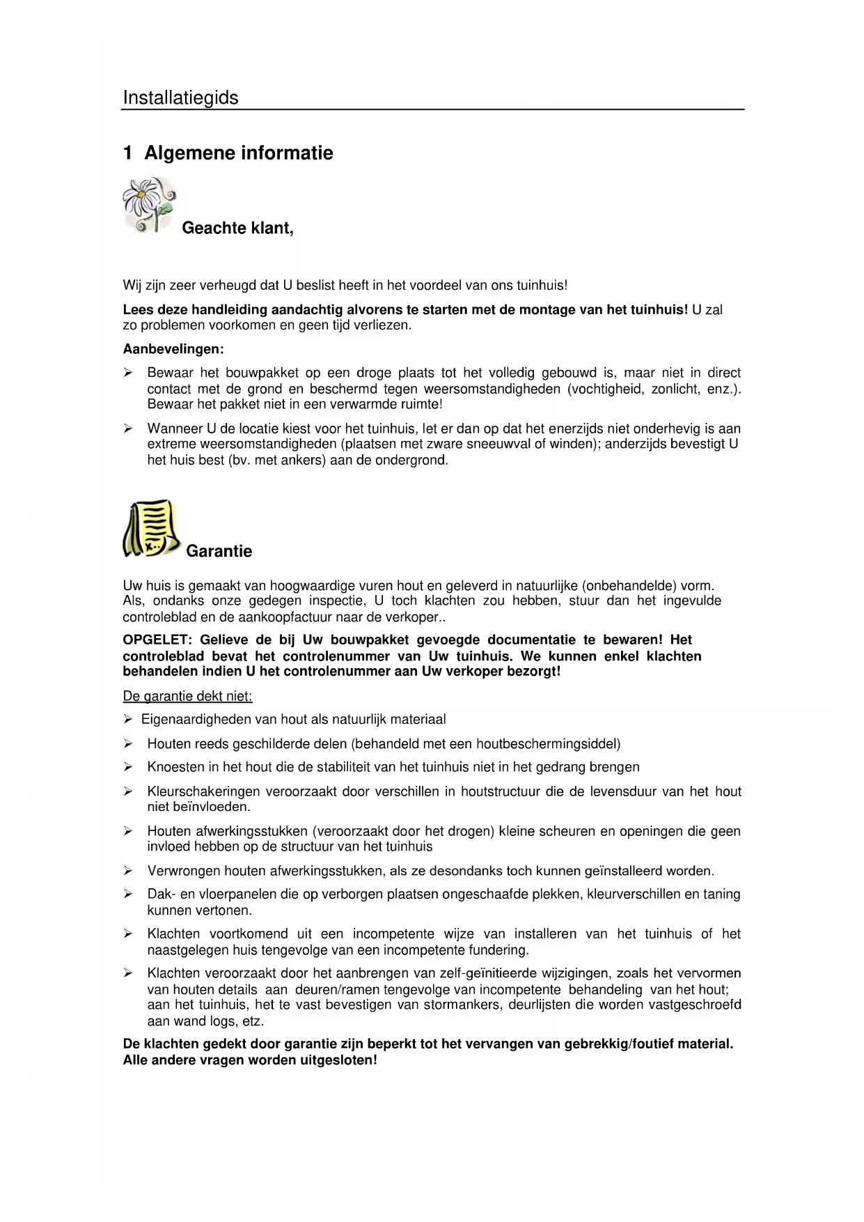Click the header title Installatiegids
(180, 98)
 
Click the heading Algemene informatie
(238, 153)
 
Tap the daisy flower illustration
(148, 203)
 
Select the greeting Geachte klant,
(237, 229)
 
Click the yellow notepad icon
(150, 529)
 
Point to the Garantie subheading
(219, 551)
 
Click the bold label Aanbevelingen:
(173, 349)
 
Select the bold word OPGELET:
(158, 640)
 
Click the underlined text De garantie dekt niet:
(187, 696)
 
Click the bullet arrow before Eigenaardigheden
(128, 719)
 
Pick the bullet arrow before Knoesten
(128, 767)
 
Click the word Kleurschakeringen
(203, 791)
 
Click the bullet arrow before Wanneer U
(128, 428)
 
